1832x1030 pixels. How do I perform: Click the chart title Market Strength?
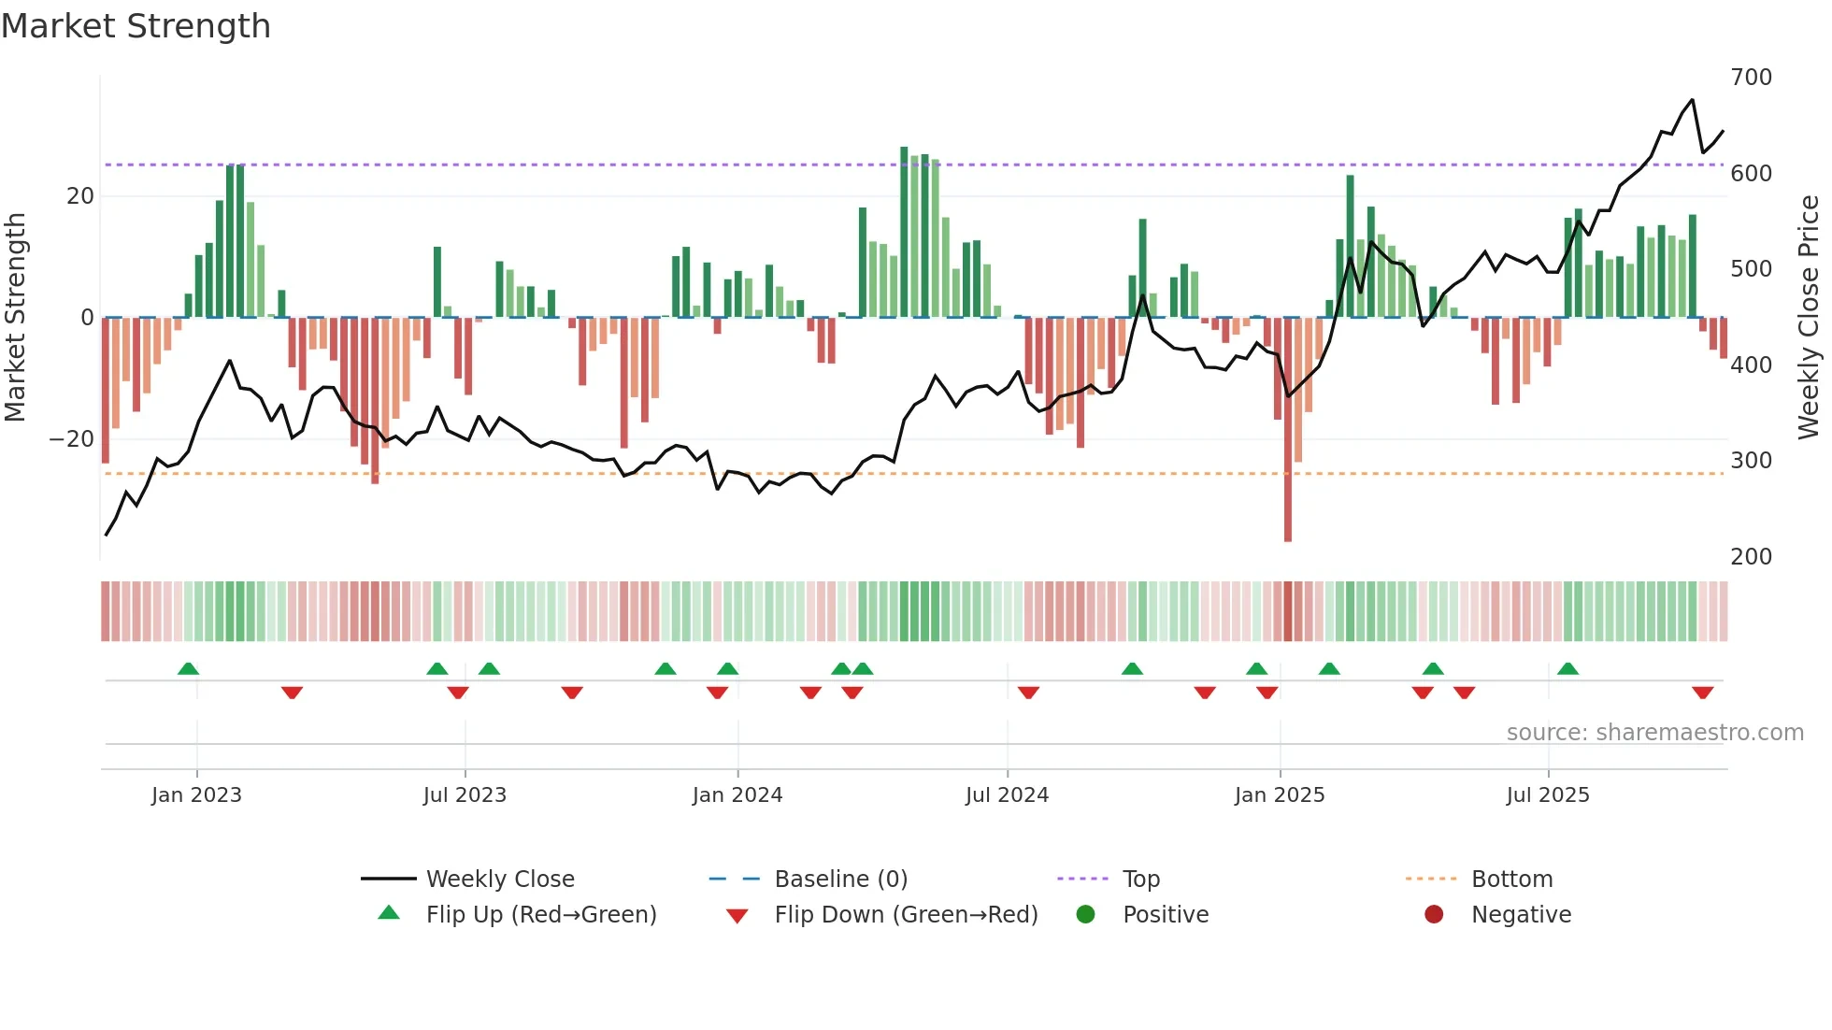[136, 26]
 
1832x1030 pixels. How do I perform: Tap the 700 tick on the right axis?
[1751, 78]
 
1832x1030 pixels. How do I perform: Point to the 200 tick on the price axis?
[1751, 557]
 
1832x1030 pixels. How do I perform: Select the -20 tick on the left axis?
[72, 439]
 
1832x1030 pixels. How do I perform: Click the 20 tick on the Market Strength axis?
[80, 196]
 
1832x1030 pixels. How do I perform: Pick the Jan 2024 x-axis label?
[737, 795]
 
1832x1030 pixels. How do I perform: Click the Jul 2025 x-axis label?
[1547, 795]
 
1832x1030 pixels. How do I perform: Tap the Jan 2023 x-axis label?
[196, 795]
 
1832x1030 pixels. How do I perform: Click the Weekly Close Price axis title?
[1809, 318]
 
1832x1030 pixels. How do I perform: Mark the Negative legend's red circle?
[1433, 915]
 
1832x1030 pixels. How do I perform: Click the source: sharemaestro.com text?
[1654, 733]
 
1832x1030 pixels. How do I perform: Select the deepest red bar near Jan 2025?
[1288, 430]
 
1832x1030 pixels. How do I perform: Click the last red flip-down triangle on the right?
[1702, 693]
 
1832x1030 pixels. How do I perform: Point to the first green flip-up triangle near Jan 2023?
[188, 668]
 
